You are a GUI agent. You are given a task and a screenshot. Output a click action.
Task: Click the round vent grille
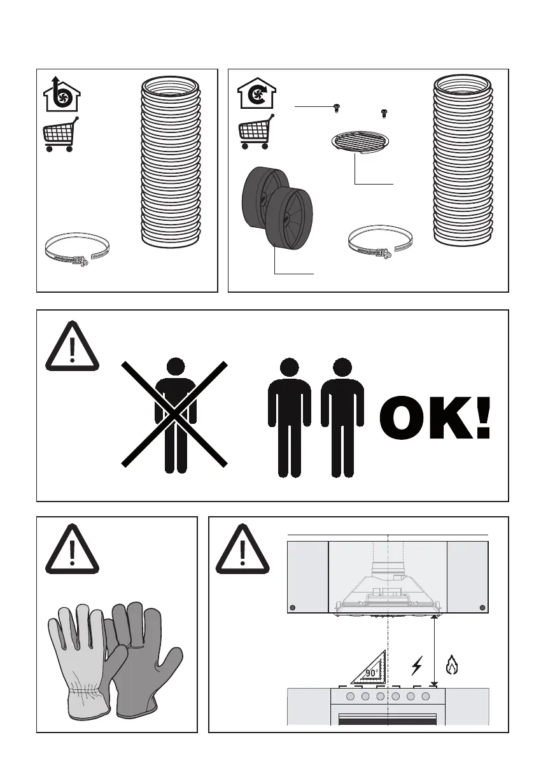[x=360, y=143]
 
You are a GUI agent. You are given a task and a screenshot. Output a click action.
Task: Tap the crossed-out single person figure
[x=176, y=415]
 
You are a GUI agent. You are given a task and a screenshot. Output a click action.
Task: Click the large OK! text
[x=435, y=418]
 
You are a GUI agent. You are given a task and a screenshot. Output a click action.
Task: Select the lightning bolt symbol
[x=416, y=666]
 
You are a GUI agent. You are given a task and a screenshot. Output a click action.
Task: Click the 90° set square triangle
[x=369, y=667]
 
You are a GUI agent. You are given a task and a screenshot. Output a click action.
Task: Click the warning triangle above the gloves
[x=72, y=549]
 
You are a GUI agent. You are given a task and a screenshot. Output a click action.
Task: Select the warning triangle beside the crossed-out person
[x=72, y=346]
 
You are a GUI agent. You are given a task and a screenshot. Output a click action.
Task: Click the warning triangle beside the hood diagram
[x=242, y=549]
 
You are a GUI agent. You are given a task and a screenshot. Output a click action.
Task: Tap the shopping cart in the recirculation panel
[x=256, y=132]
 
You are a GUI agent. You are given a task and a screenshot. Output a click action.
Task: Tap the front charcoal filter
[x=289, y=220]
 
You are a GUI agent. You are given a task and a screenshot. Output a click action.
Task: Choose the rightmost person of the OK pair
[x=342, y=418]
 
